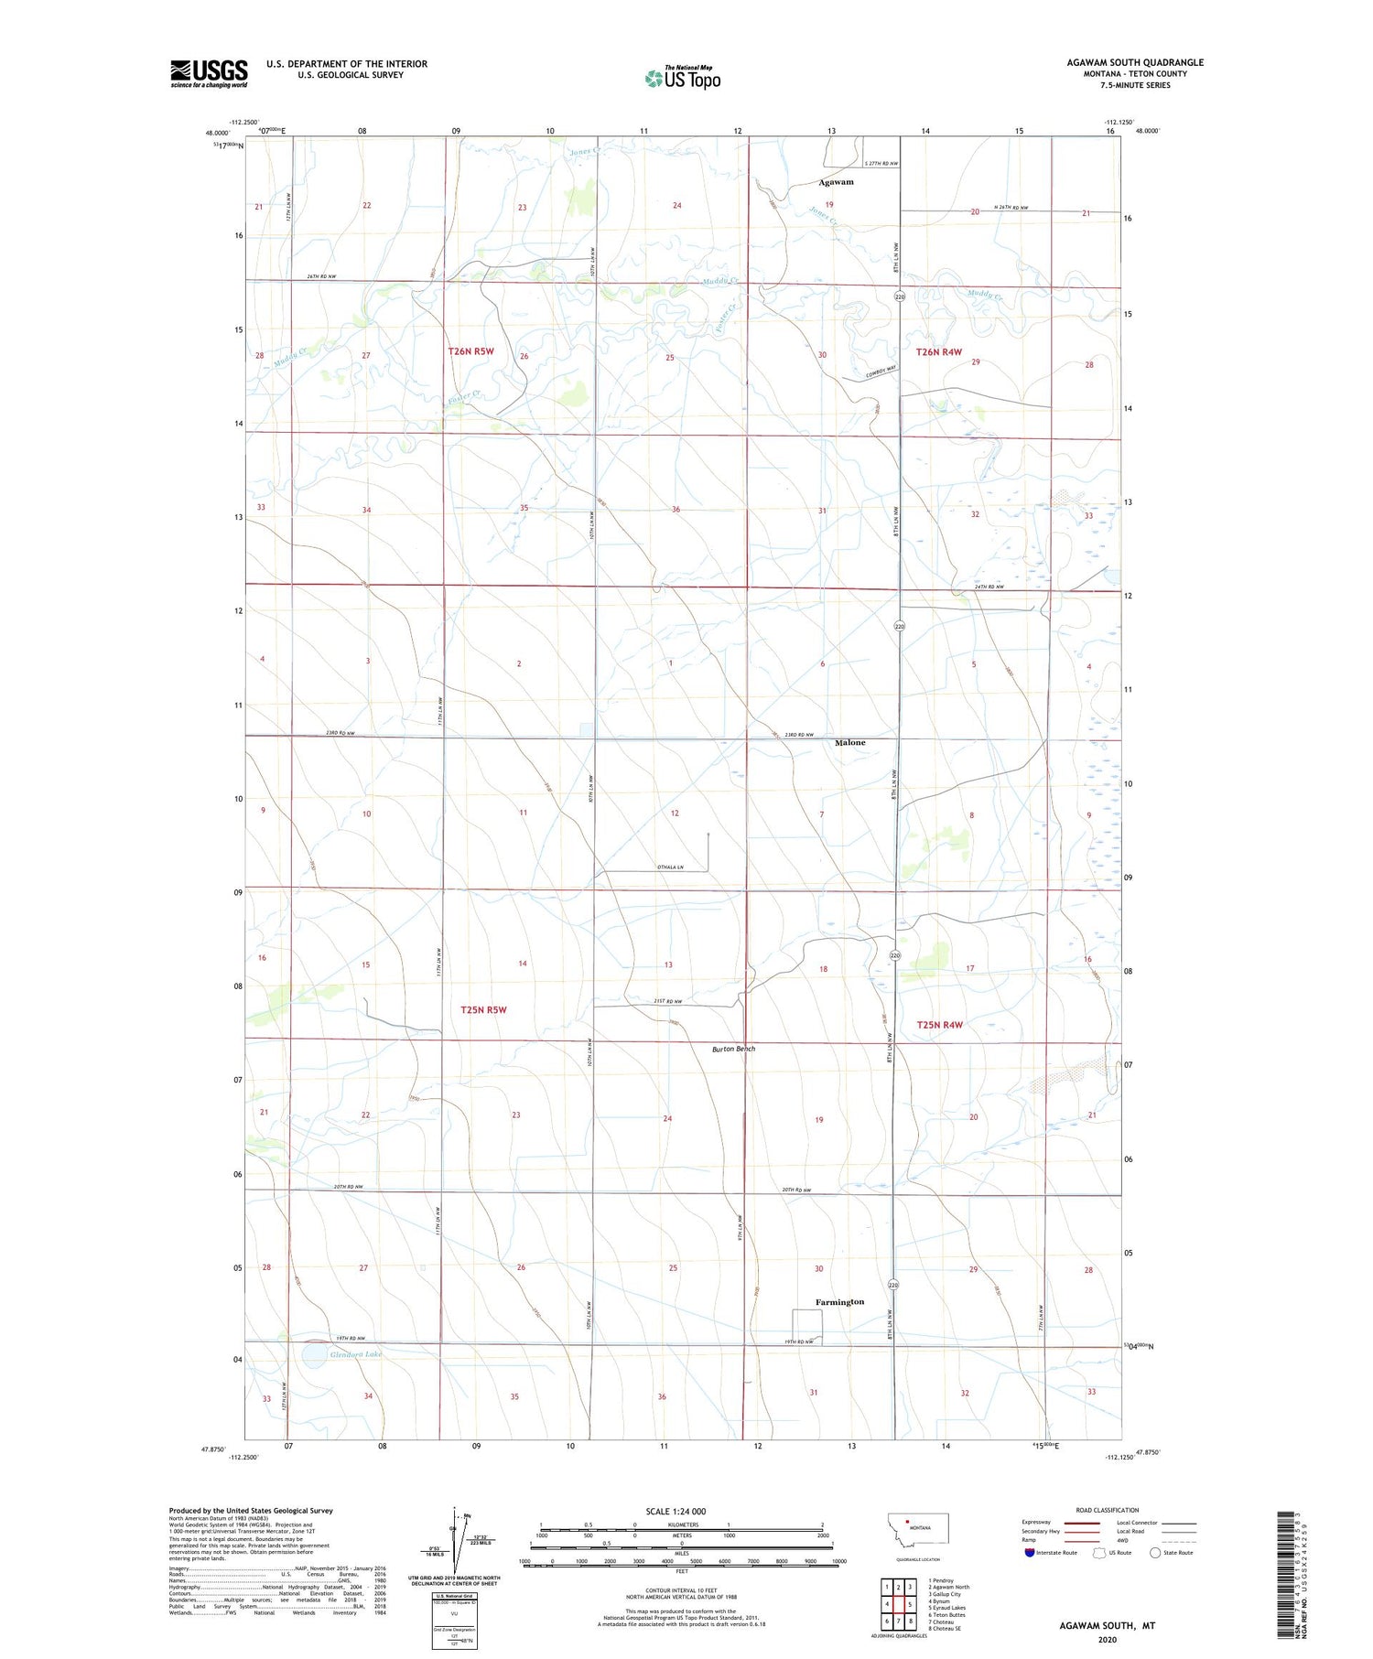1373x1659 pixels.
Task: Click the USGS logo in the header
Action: (209, 73)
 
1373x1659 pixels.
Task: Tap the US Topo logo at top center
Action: (683, 78)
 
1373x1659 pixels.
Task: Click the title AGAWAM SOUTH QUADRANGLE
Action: (1135, 62)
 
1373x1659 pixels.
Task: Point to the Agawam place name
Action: (836, 182)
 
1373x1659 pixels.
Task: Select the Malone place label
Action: (849, 742)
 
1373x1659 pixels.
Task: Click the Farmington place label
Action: (839, 1301)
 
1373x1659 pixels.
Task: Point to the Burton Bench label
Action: (734, 1049)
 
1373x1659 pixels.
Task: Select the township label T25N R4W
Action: (940, 1025)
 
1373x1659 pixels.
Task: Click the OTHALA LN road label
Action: (669, 867)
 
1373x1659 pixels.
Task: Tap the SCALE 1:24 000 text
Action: (676, 1511)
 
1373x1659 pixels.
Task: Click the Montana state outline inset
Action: (918, 1529)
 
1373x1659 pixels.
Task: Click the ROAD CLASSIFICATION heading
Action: (1108, 1510)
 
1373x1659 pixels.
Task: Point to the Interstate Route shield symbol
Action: (1030, 1553)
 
